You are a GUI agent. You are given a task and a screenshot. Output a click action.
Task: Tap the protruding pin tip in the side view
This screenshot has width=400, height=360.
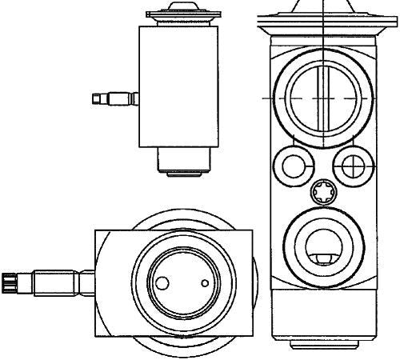pyautogui.click(x=98, y=99)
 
